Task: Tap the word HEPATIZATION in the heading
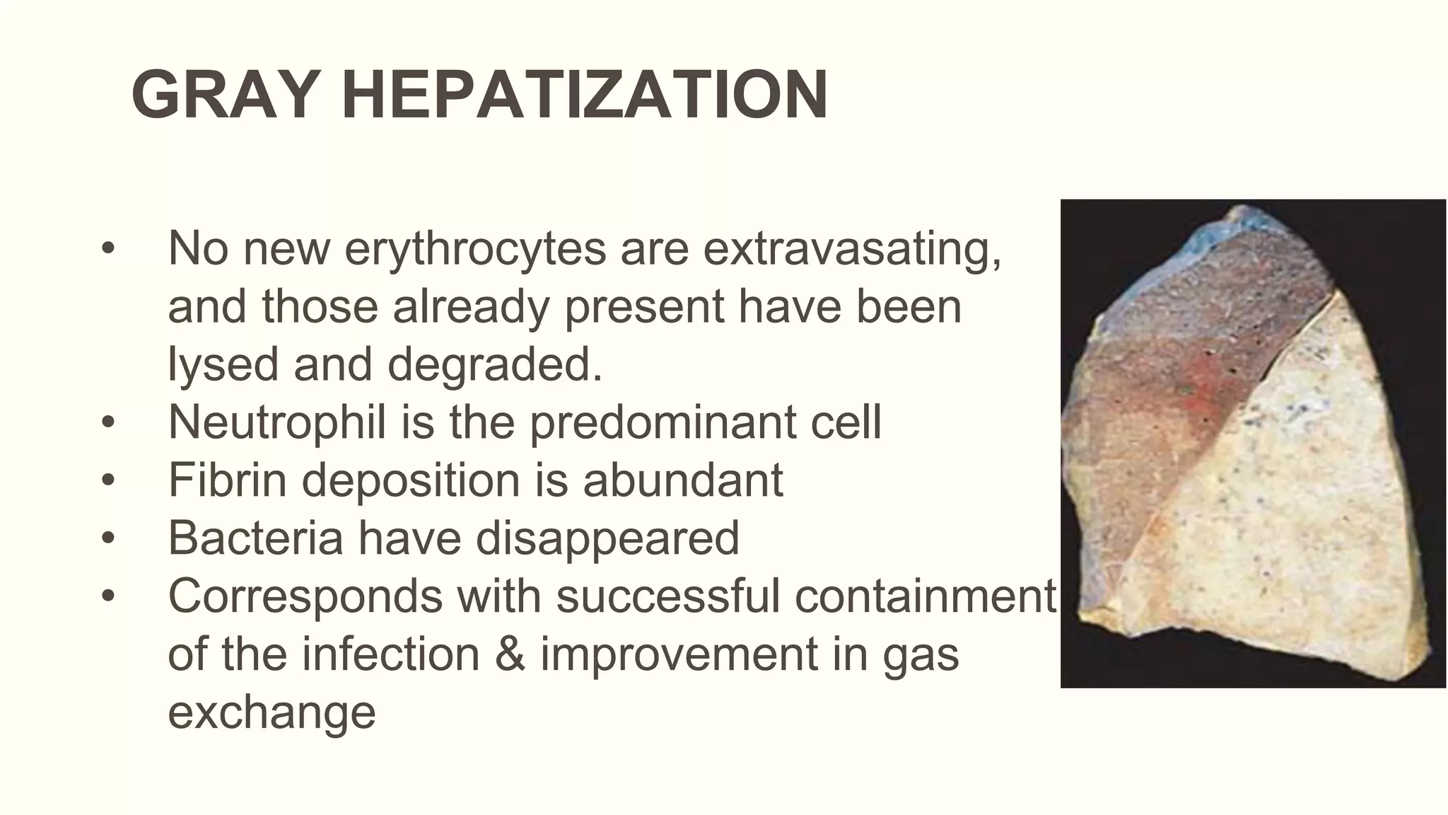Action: point(585,96)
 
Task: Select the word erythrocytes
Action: point(475,249)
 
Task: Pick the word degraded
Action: point(495,365)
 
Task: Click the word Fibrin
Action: point(227,480)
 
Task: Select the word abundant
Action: point(683,480)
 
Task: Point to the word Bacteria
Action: point(255,538)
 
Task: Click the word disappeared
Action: point(607,538)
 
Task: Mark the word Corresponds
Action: point(305,596)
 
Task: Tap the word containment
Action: point(926,596)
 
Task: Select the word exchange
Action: point(271,712)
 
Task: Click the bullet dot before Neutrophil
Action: point(107,423)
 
